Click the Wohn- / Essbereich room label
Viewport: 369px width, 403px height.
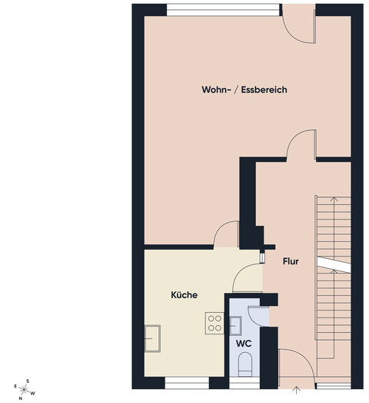pos(244,89)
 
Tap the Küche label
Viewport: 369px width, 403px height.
pos(184,294)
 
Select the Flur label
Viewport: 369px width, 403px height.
pos(291,261)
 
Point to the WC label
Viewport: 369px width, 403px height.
pos(244,344)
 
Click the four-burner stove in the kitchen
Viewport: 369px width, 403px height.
pos(214,323)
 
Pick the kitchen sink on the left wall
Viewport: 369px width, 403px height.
pos(152,338)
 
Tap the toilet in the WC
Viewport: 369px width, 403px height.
pos(245,364)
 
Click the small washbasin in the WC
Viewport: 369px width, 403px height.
pos(235,326)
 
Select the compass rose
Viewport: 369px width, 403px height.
pos(24,389)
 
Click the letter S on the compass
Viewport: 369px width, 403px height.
pos(28,381)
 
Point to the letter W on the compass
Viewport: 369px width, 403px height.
pos(33,393)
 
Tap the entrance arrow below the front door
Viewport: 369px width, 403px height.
pos(297,390)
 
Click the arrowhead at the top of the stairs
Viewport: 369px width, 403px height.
pos(334,198)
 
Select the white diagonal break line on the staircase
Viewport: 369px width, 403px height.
pos(334,264)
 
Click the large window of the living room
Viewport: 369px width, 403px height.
pos(223,10)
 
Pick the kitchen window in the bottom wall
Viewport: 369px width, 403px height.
pos(187,383)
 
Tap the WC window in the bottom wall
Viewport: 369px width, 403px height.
pos(244,383)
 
